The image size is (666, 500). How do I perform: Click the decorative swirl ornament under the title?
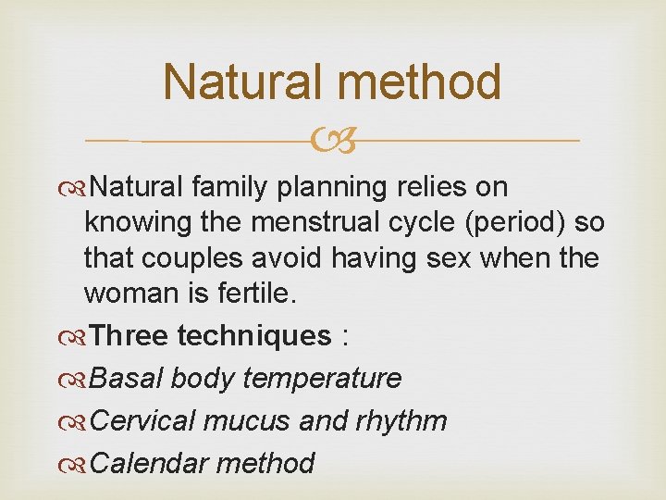point(332,142)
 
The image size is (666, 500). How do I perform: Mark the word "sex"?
point(447,259)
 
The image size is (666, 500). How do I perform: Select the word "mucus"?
point(249,420)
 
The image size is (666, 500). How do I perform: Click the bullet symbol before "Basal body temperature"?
point(79,379)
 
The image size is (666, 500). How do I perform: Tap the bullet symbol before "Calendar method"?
point(79,463)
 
